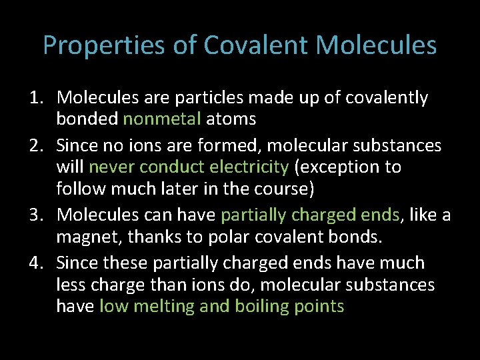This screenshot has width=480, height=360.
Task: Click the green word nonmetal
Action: coord(162,119)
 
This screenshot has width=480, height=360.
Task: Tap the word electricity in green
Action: coord(250,167)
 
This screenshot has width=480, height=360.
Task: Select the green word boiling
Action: coord(276,307)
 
